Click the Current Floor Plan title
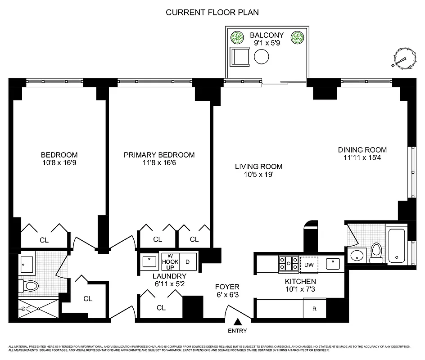click(212, 12)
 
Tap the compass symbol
click(404, 58)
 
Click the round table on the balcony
click(261, 57)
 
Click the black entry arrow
click(237, 321)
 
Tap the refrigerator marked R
click(314, 309)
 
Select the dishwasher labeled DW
click(309, 265)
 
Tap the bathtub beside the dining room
click(398, 246)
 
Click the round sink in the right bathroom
click(356, 255)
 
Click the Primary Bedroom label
click(159, 155)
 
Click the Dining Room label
click(362, 150)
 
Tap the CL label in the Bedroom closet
click(44, 240)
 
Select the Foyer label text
click(227, 287)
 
